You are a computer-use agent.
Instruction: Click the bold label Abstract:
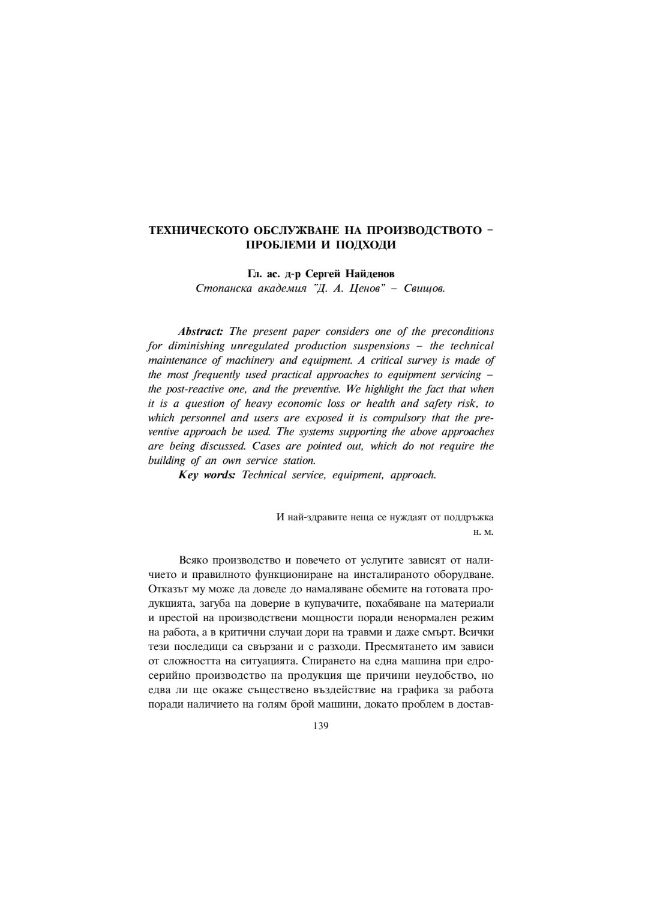200,332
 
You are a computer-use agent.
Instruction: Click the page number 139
321,726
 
